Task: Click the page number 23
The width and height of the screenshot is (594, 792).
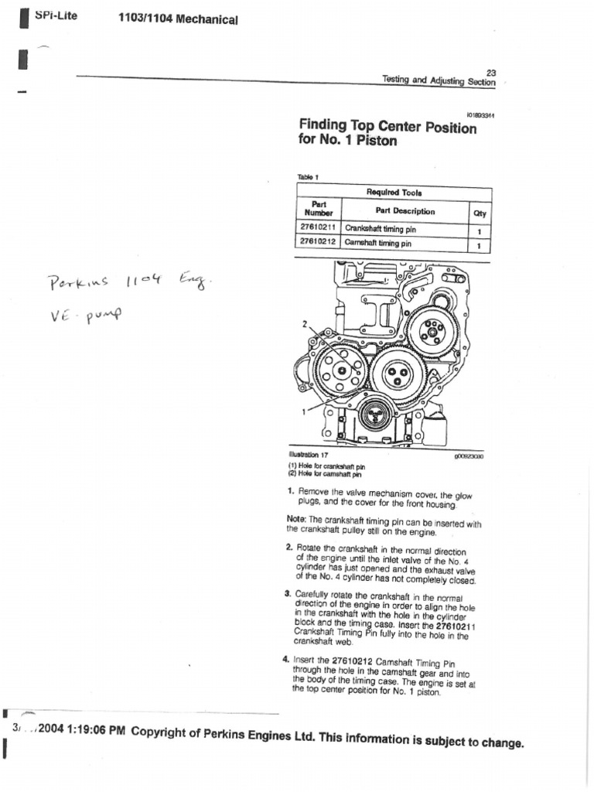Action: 490,72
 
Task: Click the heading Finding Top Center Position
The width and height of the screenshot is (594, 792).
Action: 387,126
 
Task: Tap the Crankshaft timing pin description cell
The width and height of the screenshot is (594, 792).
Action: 381,230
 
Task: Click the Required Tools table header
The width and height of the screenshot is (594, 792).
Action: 394,192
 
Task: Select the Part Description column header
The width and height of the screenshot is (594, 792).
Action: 405,211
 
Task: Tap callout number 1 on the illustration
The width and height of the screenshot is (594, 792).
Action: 304,412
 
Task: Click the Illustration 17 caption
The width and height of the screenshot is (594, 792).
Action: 309,456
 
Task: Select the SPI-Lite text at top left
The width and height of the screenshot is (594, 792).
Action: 56,15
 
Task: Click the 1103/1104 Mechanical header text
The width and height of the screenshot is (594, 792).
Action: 177,19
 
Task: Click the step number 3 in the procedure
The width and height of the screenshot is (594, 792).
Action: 287,594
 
